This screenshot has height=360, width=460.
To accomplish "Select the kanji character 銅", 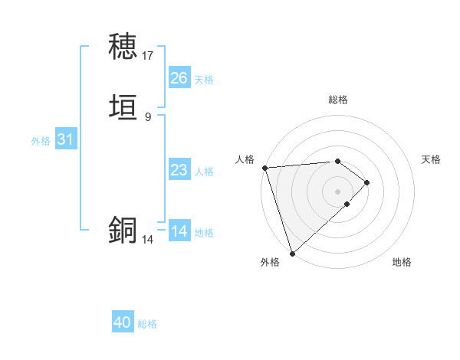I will point(123,231).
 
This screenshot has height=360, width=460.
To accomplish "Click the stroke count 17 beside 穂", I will point(148,56).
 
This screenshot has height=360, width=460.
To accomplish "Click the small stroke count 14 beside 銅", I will point(148,240).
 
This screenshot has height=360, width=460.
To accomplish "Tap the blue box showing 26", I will point(179,78).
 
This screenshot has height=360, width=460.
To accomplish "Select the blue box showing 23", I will point(179,170).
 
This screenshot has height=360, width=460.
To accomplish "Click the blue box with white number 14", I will point(179,231).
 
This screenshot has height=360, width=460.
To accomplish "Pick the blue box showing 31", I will point(66,139).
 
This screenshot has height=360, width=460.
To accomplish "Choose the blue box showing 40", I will point(123,323).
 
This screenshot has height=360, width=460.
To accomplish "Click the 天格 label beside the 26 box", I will point(204,79).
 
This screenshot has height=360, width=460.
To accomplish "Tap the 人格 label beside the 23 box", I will point(204,172).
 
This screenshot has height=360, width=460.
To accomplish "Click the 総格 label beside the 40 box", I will point(147,324).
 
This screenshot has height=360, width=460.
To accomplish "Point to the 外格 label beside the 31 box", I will point(41,141).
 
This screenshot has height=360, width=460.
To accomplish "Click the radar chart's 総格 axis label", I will point(338,100).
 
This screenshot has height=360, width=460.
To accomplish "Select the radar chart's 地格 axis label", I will point(402,262).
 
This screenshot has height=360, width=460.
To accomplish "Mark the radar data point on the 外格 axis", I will point(291,253).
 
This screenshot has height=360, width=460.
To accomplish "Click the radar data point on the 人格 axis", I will point(264,168).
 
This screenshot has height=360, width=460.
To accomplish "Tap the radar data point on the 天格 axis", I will point(367,182).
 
